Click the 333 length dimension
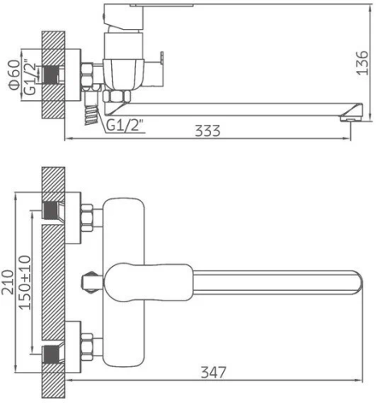207,131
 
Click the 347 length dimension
213,372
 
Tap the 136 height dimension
362,63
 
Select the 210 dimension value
7,282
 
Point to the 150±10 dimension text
25,282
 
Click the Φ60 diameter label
14,75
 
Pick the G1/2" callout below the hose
125,125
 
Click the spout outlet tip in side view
351,118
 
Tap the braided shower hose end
91,115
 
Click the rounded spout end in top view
359,282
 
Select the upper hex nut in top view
87,218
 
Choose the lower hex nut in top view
87,347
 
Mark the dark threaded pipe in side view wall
50,75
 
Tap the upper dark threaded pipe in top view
50,210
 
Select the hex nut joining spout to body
117,96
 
